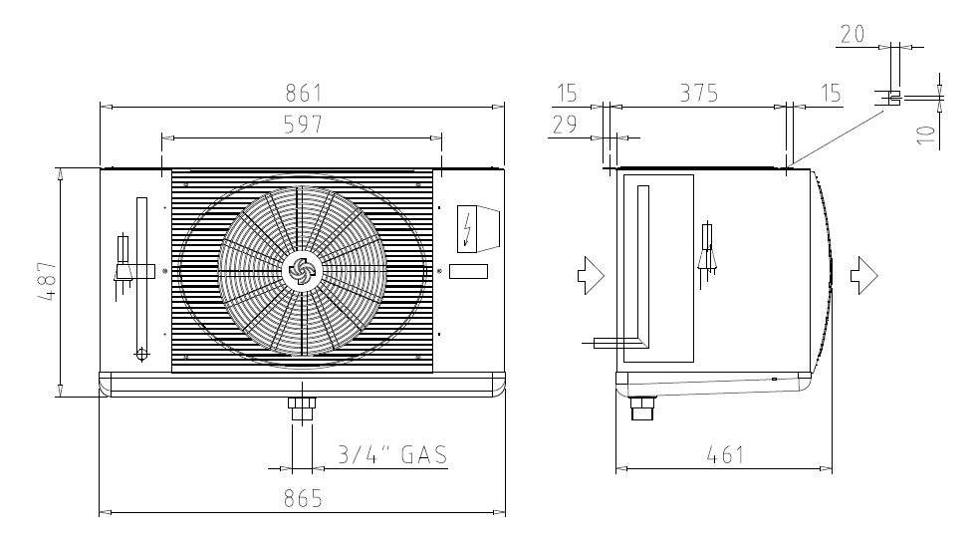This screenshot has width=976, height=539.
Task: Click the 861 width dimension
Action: (x=303, y=94)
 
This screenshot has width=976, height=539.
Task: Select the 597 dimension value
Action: (x=303, y=125)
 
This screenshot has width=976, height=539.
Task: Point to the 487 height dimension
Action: (x=48, y=281)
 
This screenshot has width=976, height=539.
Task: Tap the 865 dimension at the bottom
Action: (x=303, y=498)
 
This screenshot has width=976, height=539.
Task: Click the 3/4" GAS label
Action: (x=392, y=455)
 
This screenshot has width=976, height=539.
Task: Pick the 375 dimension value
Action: (x=699, y=94)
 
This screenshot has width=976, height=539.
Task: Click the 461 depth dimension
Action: (x=725, y=455)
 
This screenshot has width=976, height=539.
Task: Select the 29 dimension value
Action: (x=565, y=125)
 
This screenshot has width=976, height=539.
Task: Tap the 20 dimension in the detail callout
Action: (x=853, y=34)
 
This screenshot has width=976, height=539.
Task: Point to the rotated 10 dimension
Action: (x=926, y=135)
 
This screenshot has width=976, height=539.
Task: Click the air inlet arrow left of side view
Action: (x=591, y=274)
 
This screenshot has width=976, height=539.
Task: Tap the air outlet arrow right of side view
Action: (x=864, y=274)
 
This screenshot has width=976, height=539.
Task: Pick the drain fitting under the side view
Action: (x=641, y=407)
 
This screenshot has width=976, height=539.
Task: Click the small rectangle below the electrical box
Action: (x=468, y=271)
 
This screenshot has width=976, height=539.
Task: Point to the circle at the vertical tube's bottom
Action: (x=141, y=354)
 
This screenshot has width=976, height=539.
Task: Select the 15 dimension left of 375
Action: (x=567, y=94)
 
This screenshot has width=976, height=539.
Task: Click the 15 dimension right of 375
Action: (x=831, y=94)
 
